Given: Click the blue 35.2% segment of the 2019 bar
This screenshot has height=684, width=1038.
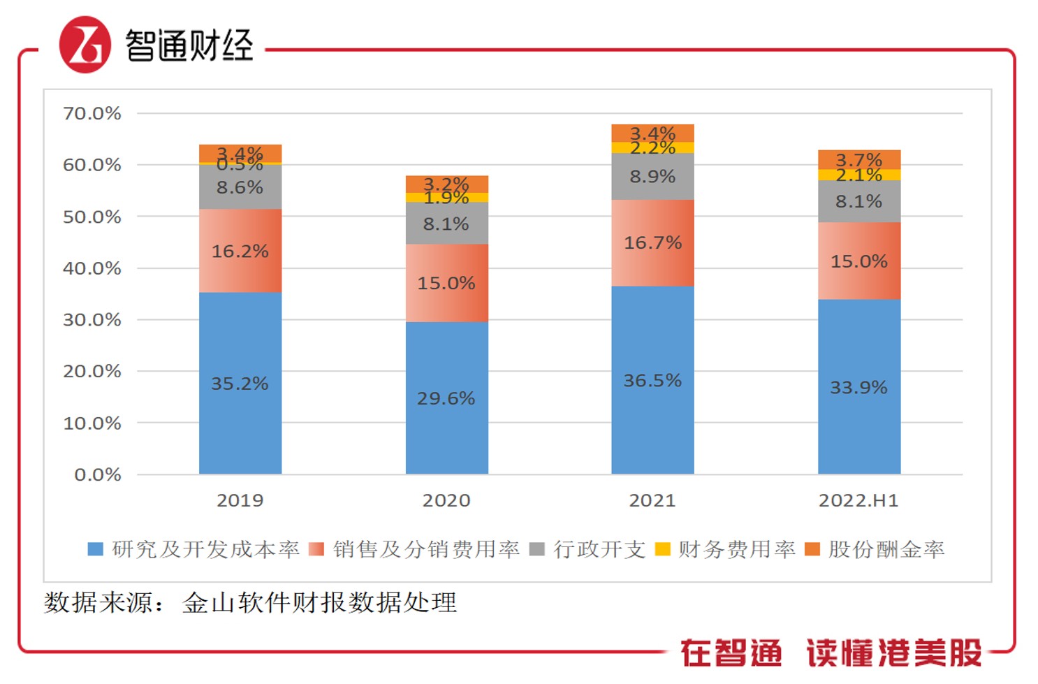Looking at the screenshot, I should click(240, 383).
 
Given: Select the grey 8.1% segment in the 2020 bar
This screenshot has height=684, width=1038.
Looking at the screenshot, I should click(446, 224).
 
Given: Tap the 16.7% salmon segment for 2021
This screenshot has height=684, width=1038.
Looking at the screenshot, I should click(652, 242).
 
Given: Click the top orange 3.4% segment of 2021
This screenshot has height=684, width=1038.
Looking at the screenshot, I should click(652, 133).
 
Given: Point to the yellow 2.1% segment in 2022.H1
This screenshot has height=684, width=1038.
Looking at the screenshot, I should click(858, 175).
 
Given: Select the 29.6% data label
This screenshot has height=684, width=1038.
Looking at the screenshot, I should click(446, 398).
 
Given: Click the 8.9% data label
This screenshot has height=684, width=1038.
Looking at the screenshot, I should click(652, 176).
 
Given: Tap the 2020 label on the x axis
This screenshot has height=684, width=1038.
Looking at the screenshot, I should click(446, 500).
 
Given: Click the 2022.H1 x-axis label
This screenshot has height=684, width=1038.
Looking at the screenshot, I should click(858, 500).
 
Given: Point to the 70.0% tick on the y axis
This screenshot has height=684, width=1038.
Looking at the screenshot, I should click(92, 113).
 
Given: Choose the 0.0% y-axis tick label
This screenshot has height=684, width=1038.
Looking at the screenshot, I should click(98, 475).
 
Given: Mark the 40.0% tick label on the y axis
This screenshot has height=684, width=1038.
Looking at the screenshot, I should click(92, 268).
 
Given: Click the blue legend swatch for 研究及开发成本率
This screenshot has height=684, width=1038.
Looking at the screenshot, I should click(95, 549).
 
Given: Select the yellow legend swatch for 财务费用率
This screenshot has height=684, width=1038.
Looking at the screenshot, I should click(662, 549).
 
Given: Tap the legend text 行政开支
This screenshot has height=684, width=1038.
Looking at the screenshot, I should click(599, 549).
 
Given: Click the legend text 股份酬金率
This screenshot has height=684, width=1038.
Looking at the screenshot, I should click(886, 549).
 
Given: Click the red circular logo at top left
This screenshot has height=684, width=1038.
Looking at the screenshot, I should click(85, 45).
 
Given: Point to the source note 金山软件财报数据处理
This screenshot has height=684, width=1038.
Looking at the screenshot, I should click(319, 602).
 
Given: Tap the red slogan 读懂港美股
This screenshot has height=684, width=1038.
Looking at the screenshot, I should click(893, 653).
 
